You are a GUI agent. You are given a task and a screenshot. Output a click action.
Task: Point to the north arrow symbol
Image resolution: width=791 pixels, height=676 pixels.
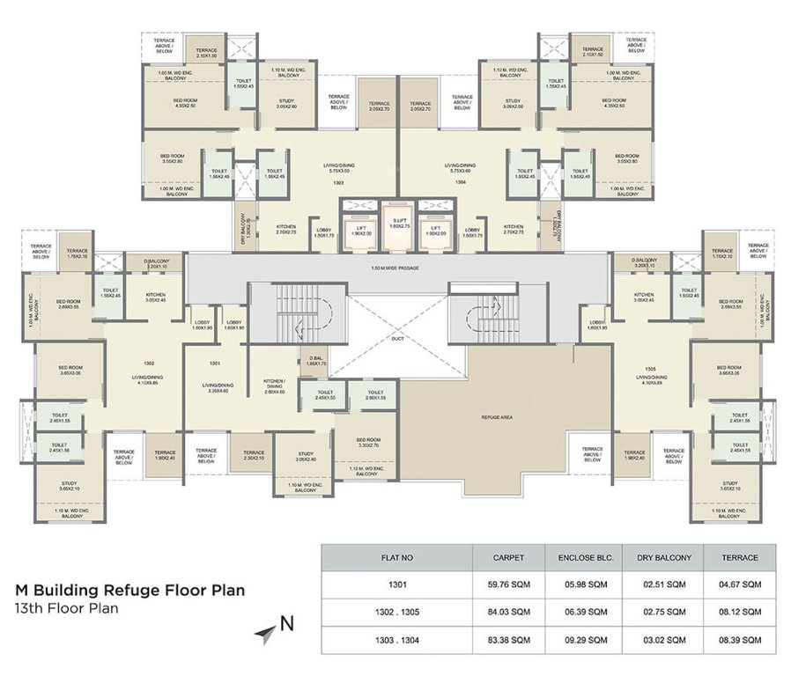266,631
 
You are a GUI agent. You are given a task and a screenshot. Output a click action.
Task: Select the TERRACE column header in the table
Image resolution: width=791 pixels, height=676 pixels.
740,557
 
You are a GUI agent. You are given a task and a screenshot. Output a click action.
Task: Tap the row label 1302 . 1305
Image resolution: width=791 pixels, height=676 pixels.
396,612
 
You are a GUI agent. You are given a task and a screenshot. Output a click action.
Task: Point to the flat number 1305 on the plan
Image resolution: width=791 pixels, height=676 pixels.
650,367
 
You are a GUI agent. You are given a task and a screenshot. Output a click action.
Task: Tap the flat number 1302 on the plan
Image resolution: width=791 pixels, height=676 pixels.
149,362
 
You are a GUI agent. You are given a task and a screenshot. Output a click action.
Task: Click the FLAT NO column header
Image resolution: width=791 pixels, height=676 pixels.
396,557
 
